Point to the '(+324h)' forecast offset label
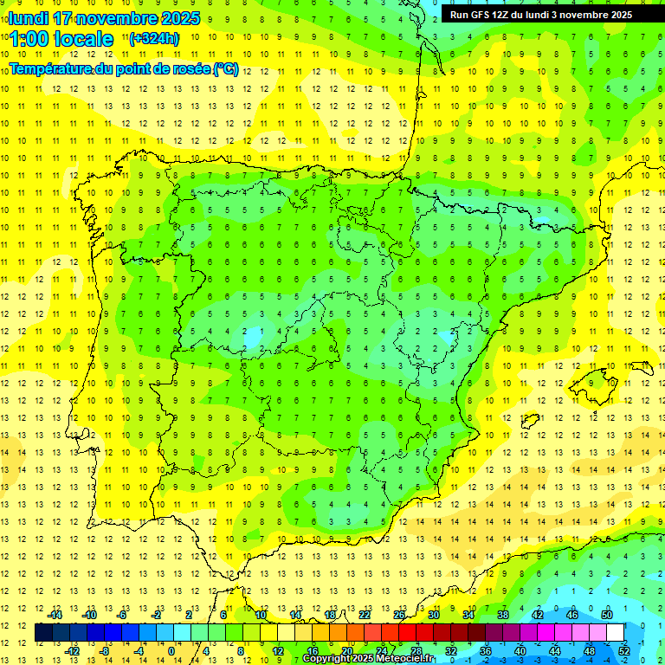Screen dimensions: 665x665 point(153,39)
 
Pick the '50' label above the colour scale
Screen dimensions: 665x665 point(606,615)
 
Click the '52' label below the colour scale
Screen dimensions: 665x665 point(623,650)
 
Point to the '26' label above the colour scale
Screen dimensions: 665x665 point(399,615)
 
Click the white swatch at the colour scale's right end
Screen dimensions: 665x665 point(615,632)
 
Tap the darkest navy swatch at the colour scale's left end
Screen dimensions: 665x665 point(43,632)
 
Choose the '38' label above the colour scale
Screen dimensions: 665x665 point(502,615)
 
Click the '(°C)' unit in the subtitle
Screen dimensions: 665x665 point(225,69)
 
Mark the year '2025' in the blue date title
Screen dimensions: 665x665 point(180,18)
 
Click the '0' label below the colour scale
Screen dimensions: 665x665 point(171,650)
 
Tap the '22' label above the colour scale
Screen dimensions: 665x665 point(365,615)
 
